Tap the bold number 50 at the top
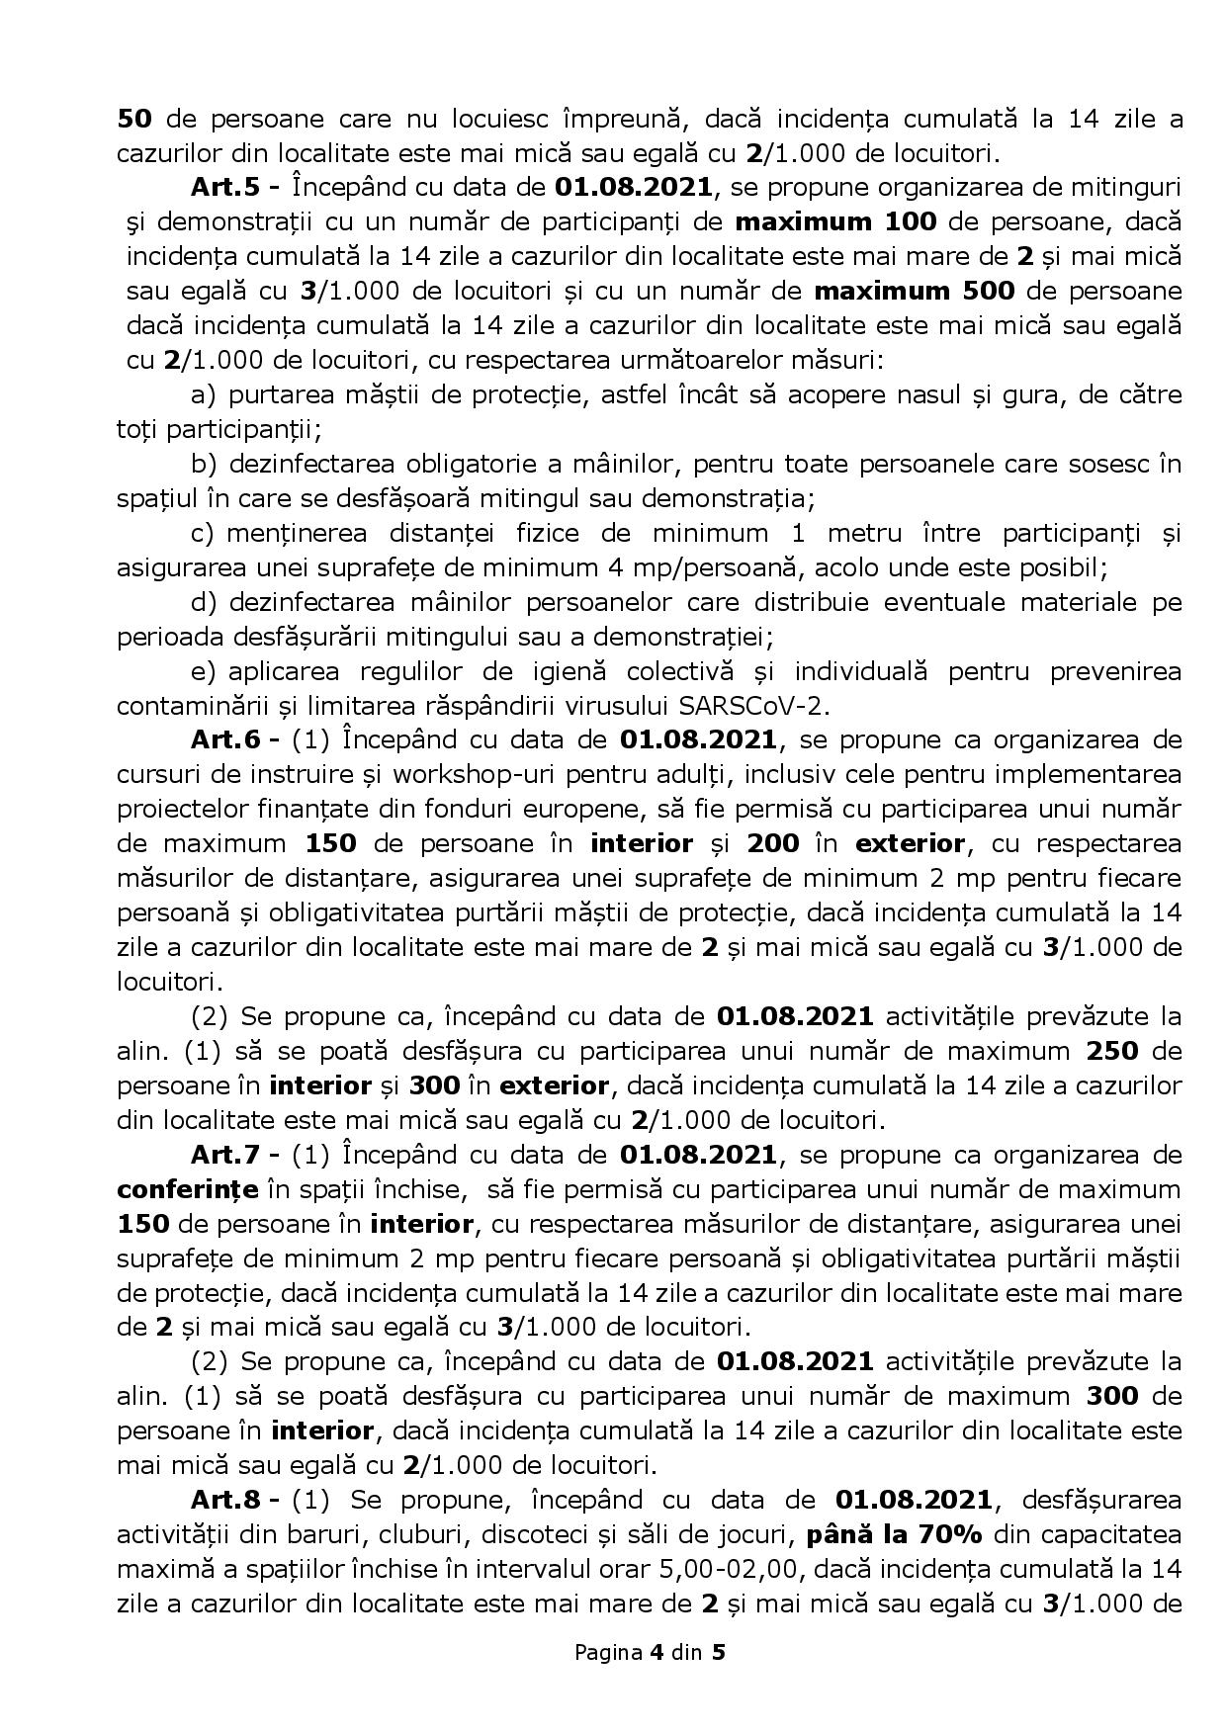[133, 119]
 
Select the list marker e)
[204, 671]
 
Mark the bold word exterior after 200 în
[909, 844]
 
